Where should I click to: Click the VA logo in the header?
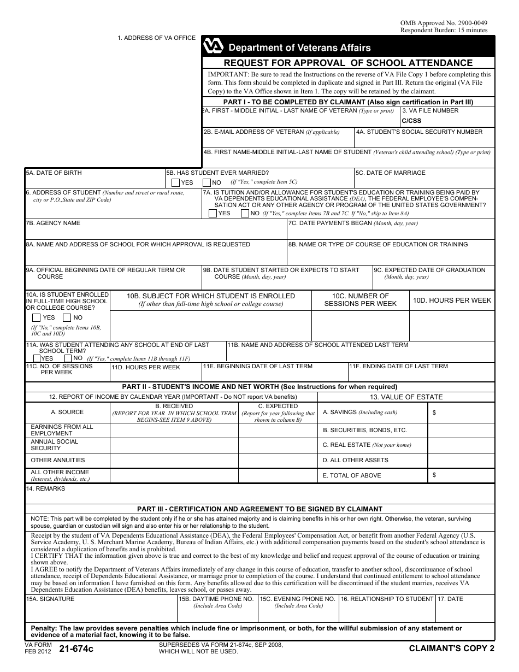point(213,47)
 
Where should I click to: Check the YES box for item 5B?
point(175,183)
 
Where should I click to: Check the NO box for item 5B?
point(207,183)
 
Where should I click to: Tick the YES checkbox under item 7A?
point(213,214)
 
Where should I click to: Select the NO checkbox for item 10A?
point(67,317)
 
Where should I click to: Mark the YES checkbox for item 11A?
point(30,358)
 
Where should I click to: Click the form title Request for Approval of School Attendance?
point(348,63)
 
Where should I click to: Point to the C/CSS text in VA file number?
point(411,121)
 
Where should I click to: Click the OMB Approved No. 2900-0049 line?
point(444,23)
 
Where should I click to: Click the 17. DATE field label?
point(450,599)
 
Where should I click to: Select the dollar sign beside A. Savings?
point(434,413)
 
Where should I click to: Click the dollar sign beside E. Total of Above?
point(434,475)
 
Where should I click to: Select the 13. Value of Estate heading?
point(406,397)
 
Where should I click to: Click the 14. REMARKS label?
point(45,488)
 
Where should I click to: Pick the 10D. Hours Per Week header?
point(452,300)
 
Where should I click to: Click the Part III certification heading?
point(259,509)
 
